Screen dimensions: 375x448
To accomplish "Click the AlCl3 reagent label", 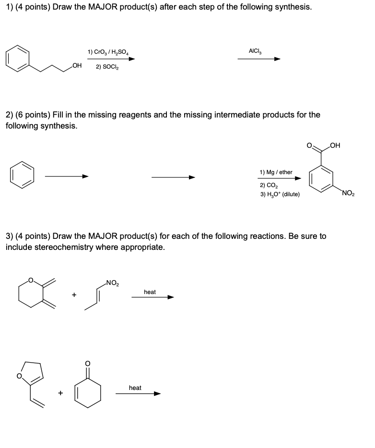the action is [x=255, y=50].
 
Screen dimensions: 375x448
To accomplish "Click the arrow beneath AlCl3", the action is [x=259, y=59].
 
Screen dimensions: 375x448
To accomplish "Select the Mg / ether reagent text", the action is [x=276, y=172].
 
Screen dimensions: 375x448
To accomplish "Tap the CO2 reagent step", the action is [x=266, y=185].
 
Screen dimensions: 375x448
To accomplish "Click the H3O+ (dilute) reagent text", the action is [x=280, y=194].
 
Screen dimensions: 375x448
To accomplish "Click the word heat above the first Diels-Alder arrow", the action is [x=150, y=292].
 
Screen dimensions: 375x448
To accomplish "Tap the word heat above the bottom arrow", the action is [x=135, y=388].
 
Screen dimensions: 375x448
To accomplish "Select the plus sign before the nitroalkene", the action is [x=74, y=295].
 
